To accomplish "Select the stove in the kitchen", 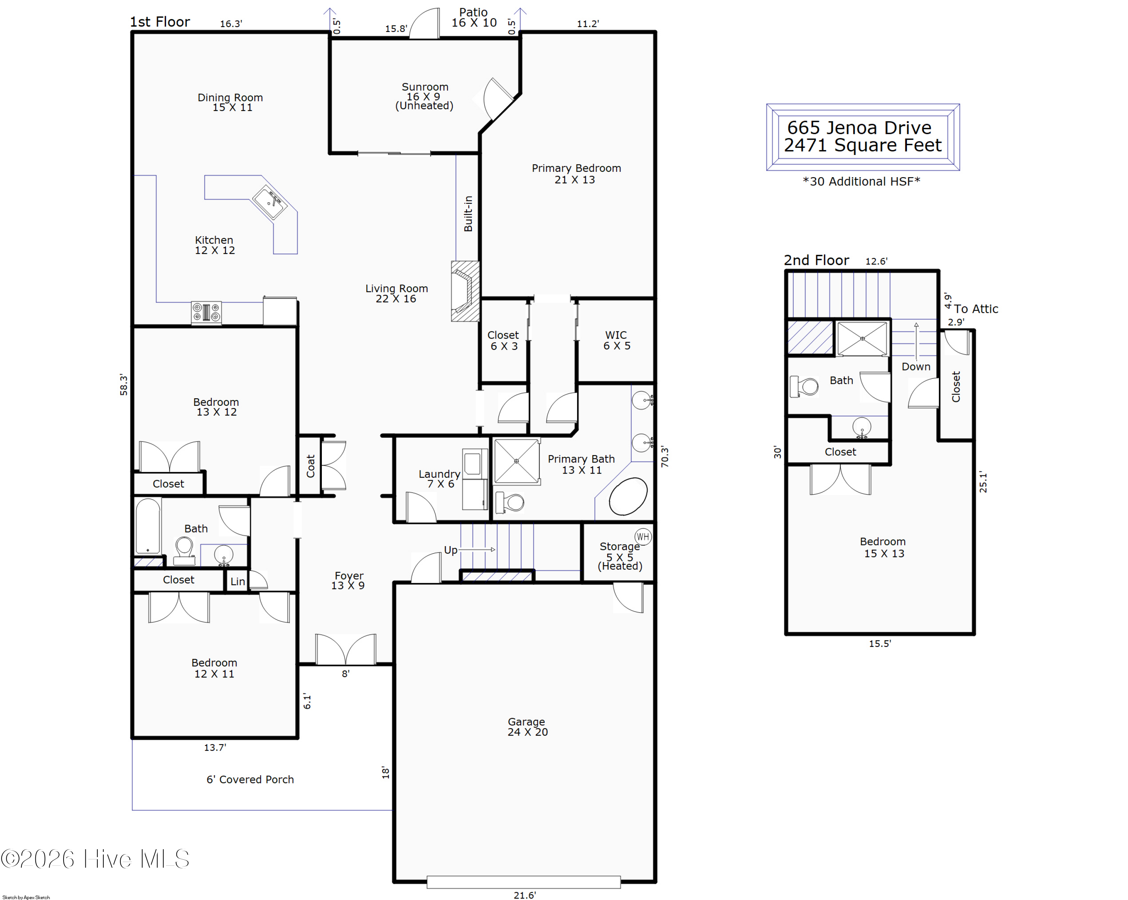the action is tap(206, 313).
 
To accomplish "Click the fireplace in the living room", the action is tap(465, 291).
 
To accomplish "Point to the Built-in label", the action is tap(468, 214).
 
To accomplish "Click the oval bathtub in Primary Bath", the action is tap(628, 496).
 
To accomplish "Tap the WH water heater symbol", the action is tap(643, 536).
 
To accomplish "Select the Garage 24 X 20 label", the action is tap(528, 726).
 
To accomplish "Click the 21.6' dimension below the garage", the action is tap(525, 895).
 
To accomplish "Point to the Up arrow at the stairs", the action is tap(478, 549).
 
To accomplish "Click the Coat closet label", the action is tap(310, 466).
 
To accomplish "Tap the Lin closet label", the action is tap(238, 581).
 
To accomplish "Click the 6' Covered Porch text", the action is tap(250, 779).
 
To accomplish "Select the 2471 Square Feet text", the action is tap(863, 145).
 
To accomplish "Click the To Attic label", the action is tap(976, 309).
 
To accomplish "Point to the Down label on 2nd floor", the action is tap(916, 366).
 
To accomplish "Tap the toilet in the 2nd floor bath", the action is tap(804, 387).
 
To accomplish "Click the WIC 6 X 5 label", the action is tap(617, 340).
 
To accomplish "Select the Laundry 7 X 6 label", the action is tap(440, 478).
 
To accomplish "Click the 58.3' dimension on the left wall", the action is tap(123, 385).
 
